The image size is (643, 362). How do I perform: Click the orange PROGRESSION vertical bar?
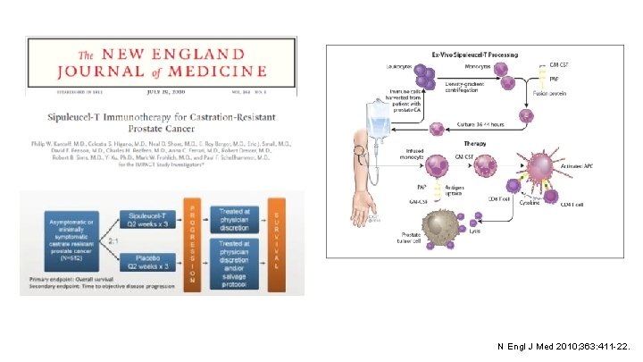click(x=192, y=242)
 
